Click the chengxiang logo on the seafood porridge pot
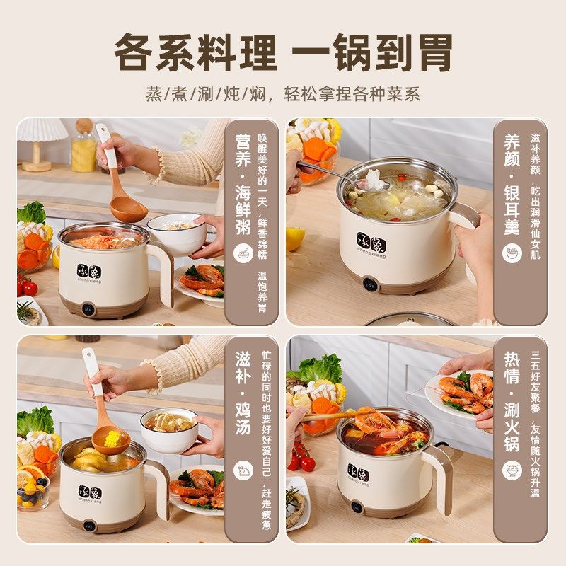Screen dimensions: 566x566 (89, 274)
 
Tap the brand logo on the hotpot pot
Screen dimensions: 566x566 (358, 473)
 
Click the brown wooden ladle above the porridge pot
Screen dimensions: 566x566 (127, 205)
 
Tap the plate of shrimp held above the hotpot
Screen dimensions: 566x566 (463, 393)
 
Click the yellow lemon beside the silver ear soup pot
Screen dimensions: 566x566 (295, 238)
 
